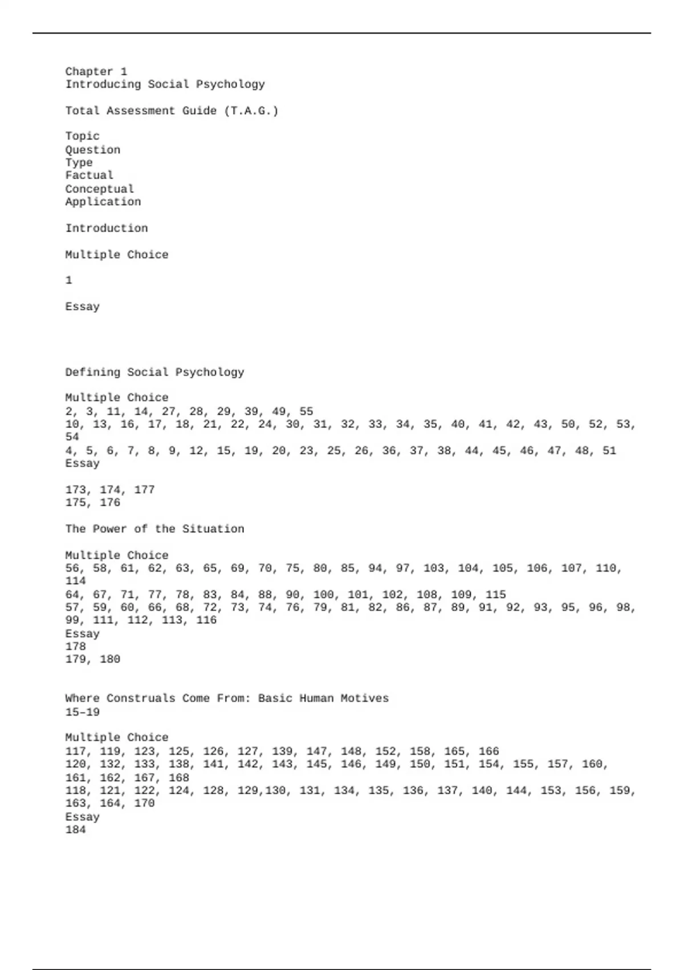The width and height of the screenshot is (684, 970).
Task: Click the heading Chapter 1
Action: click(x=96, y=71)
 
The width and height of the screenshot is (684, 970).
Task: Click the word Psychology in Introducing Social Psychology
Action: click(x=230, y=84)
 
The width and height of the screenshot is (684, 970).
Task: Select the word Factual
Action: click(x=89, y=175)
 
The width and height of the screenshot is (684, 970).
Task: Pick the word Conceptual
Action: click(x=99, y=189)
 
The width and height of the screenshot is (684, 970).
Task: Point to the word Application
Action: click(x=103, y=202)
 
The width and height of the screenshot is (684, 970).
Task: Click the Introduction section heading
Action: click(x=106, y=228)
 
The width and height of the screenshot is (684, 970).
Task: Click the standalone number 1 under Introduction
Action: click(x=69, y=280)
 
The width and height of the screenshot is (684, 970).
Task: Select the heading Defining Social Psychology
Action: click(x=154, y=373)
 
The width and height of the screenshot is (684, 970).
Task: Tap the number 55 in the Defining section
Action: click(x=306, y=411)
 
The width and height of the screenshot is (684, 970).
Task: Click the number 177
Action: click(x=144, y=490)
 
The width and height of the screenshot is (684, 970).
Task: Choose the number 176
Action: click(x=110, y=503)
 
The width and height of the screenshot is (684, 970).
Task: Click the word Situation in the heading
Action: click(x=213, y=529)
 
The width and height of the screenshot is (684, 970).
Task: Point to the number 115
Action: click(x=495, y=595)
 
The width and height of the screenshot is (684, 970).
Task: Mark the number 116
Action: click(x=206, y=620)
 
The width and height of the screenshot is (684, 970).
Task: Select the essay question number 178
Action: click(x=75, y=646)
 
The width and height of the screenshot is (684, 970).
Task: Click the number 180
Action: click(x=110, y=660)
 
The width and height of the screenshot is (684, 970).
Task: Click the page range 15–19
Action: click(x=82, y=712)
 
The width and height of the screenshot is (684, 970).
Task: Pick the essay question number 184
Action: click(x=75, y=830)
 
